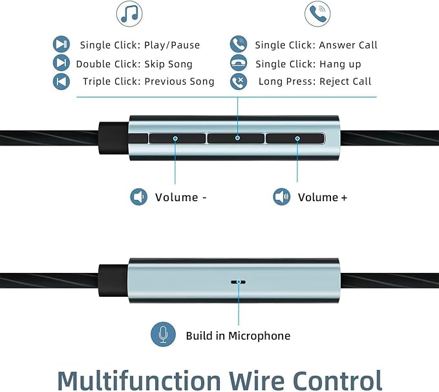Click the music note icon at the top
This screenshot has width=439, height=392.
[129, 14]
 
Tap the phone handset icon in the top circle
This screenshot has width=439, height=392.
[317, 14]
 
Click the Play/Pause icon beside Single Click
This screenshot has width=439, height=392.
[61, 44]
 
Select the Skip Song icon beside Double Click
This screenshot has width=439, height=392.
[61, 63]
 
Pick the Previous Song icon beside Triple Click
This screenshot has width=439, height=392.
[61, 82]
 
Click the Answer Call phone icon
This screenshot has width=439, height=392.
[239, 44]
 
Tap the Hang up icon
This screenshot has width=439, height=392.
[239, 63]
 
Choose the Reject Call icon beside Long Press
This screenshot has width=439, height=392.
[239, 82]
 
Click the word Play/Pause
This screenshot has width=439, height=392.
[172, 45]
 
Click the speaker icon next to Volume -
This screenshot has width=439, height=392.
[139, 197]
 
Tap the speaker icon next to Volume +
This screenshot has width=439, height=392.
[282, 197]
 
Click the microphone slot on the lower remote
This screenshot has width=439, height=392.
[239, 282]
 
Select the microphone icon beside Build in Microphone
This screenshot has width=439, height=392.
[163, 334]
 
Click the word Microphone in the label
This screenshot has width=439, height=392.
[259, 336]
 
